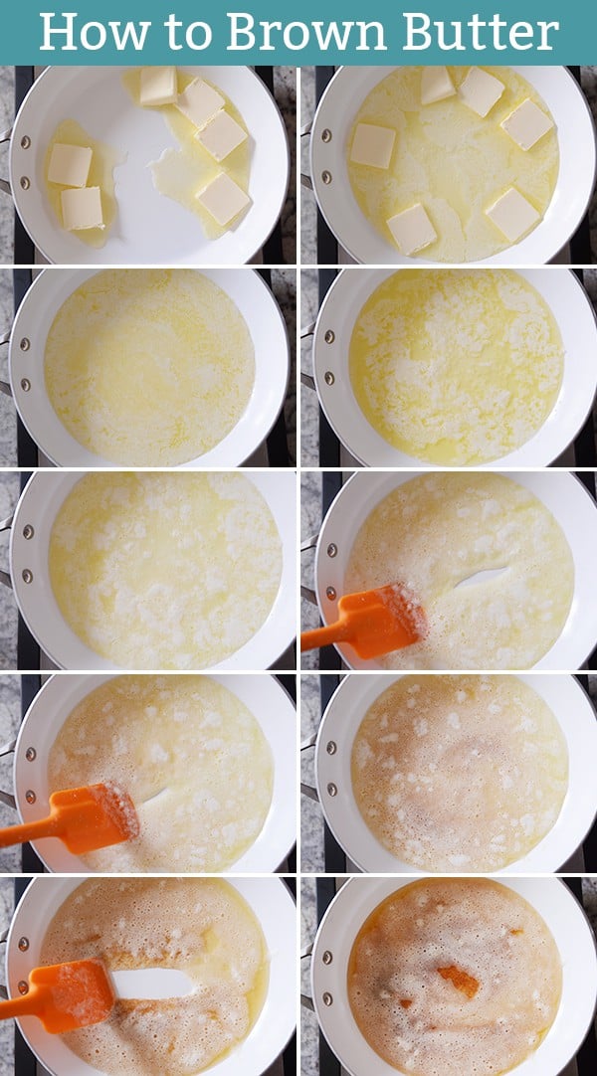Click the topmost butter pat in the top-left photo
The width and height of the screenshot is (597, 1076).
[x=158, y=86]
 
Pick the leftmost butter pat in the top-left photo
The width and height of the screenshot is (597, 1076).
[x=70, y=164]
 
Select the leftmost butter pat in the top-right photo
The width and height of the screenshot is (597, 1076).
[x=373, y=145]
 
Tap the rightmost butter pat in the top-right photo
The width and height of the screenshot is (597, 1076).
[x=526, y=124]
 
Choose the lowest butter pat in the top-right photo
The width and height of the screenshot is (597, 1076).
[x=411, y=229]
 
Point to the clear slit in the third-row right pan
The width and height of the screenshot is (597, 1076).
[x=483, y=578]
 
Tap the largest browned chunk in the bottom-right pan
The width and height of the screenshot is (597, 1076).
[x=459, y=980]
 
